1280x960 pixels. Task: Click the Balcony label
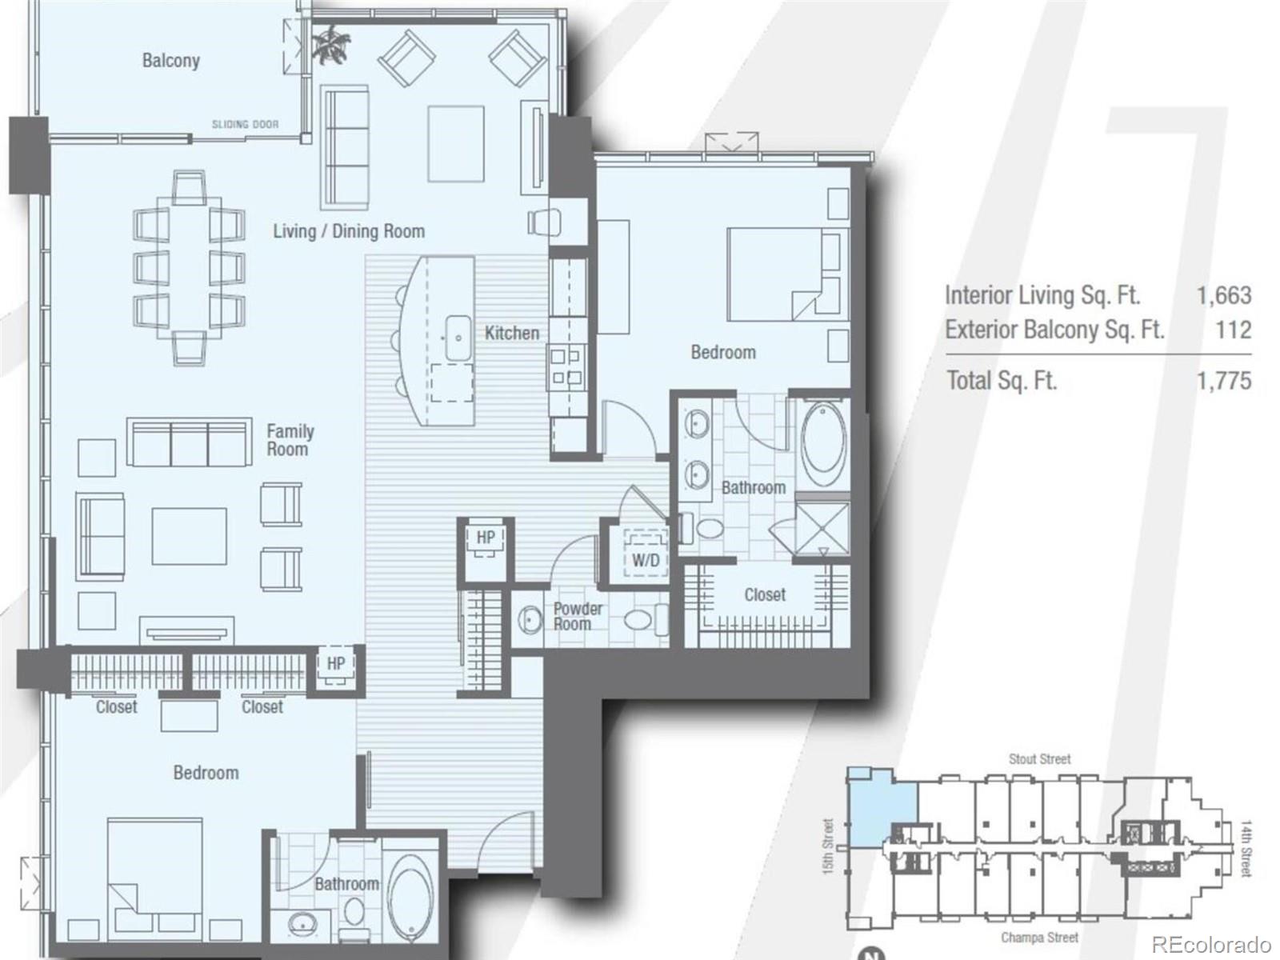[x=170, y=61]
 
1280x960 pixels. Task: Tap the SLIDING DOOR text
[x=245, y=125]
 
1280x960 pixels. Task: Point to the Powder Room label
[x=578, y=616]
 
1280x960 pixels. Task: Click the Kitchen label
[x=512, y=333]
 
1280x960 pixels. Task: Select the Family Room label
[x=290, y=440]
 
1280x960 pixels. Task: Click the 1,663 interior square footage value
[x=1223, y=295]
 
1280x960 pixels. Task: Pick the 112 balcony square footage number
[x=1233, y=330]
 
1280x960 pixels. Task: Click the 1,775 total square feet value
[x=1223, y=380]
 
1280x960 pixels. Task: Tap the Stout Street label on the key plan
[x=1038, y=758]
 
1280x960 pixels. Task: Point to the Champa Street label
[x=1038, y=937]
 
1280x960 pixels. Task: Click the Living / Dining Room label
[x=349, y=231]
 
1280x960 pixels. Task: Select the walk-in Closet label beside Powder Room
[x=764, y=594]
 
